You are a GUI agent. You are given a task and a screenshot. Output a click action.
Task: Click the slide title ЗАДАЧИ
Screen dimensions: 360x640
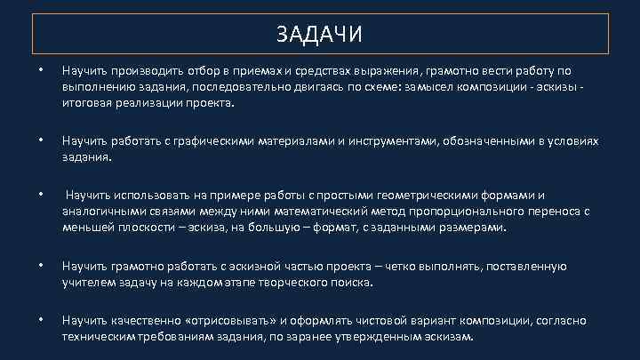click(x=319, y=34)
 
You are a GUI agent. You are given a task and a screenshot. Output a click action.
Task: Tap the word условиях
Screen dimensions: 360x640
click(x=573, y=141)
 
